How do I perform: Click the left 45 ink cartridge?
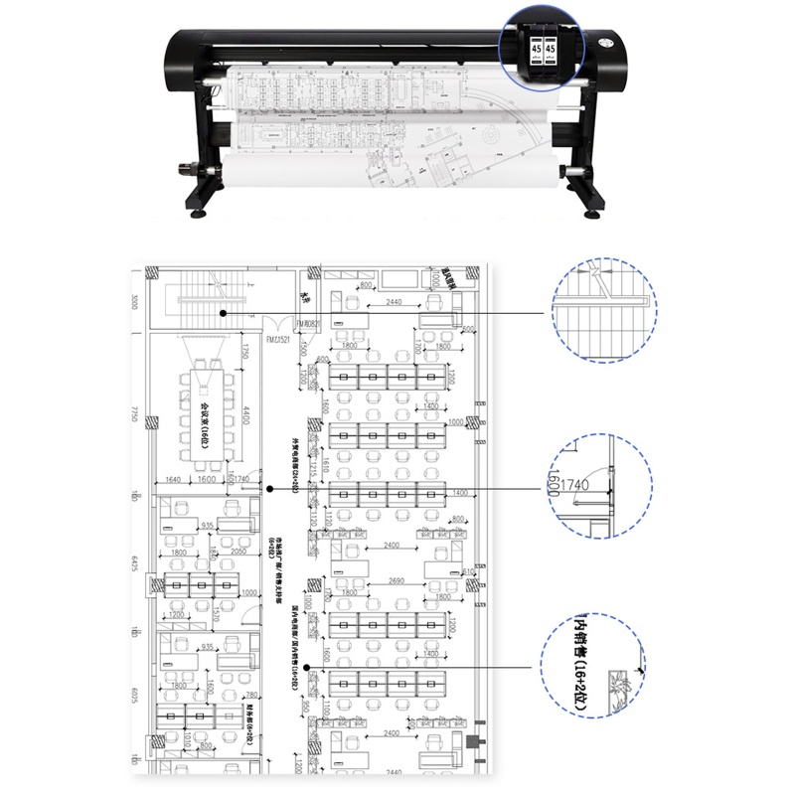tap(537, 49)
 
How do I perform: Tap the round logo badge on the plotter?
tap(609, 43)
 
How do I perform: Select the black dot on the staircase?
tap(225, 313)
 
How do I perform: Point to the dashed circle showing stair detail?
tap(604, 307)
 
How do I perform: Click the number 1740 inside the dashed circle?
tap(576, 485)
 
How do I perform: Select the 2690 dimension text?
tap(397, 581)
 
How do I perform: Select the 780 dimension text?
tap(251, 696)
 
